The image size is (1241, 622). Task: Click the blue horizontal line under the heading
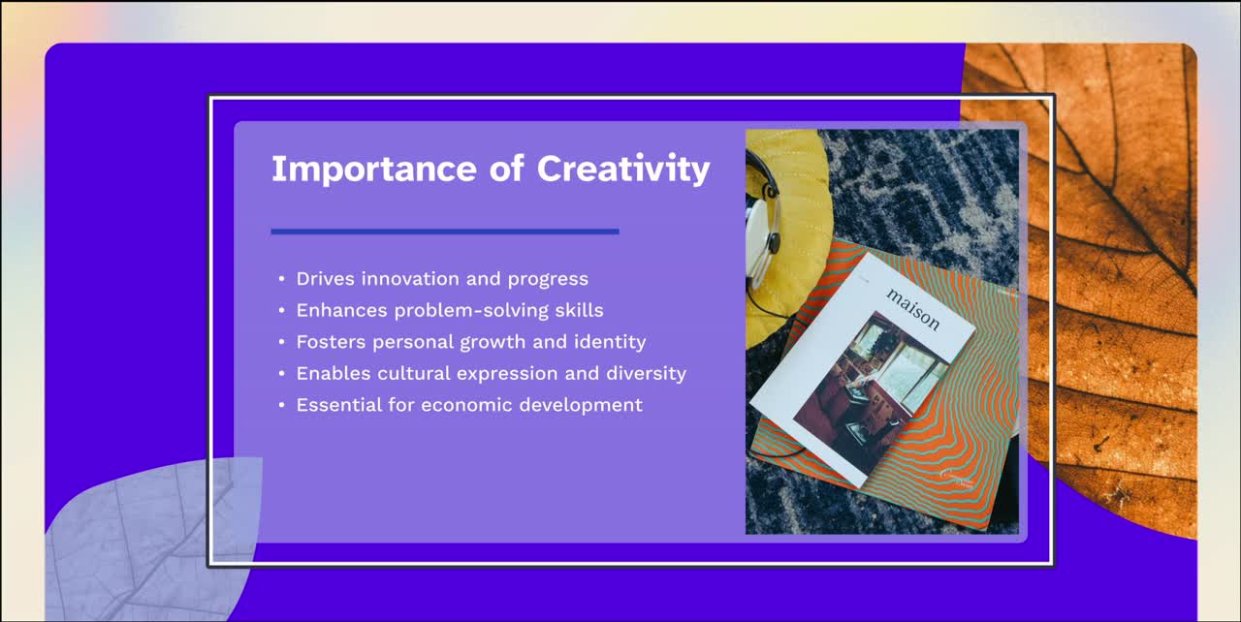click(x=445, y=232)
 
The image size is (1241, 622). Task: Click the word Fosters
click(x=331, y=342)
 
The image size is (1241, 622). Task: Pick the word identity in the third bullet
click(x=612, y=342)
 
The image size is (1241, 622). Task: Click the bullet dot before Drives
click(x=281, y=279)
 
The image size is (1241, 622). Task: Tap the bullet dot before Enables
click(x=281, y=374)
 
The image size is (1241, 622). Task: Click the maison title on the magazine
click(x=912, y=308)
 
